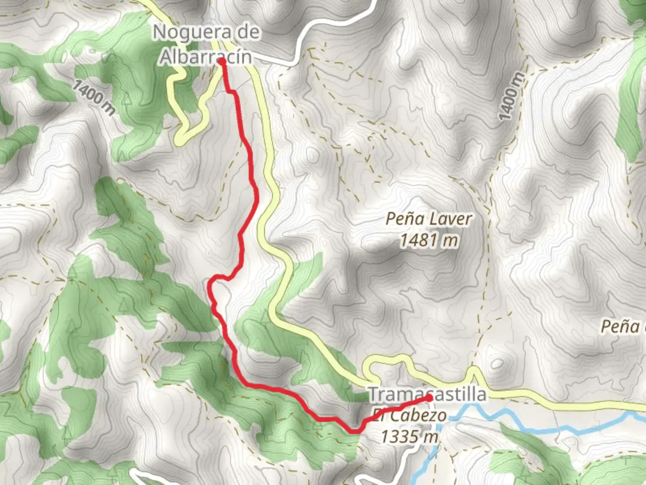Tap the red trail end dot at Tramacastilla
point(429,397)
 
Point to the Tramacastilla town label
point(427,394)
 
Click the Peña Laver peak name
point(429,219)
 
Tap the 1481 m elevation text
point(429,240)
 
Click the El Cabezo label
point(409,416)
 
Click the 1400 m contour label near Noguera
point(93,97)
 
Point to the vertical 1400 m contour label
point(511,97)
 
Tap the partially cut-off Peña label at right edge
point(621,326)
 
